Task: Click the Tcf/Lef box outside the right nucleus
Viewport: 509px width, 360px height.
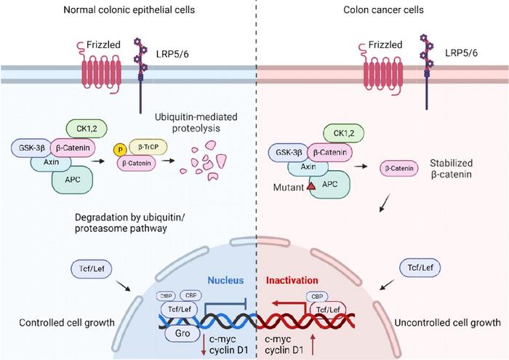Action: coord(420,268)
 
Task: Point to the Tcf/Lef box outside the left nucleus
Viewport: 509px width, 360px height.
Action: coord(89,268)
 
